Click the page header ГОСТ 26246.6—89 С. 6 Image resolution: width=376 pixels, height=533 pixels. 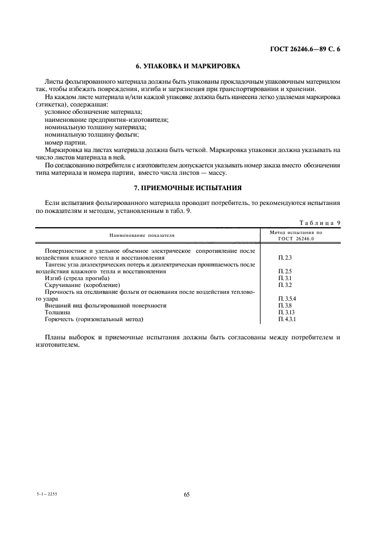(304, 50)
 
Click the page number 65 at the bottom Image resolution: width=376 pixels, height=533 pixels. (187, 494)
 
